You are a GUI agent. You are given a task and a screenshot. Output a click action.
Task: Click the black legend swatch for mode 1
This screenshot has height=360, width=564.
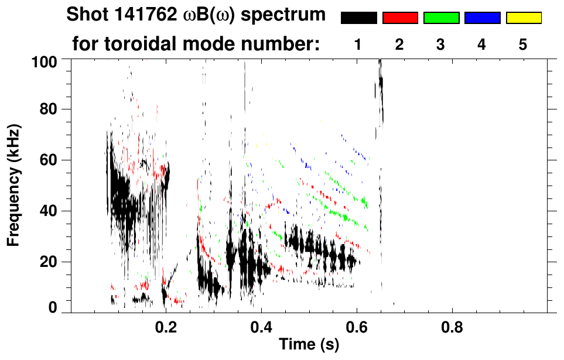coord(358,18)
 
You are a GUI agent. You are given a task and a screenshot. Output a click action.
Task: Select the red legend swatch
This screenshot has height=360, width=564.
coord(400,18)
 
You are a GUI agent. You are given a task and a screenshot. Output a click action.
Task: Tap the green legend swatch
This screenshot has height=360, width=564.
coord(441,18)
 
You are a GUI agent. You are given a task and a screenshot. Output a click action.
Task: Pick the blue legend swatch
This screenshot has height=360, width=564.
coord(482,18)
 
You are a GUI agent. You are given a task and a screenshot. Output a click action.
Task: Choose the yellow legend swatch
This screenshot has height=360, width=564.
coord(523,18)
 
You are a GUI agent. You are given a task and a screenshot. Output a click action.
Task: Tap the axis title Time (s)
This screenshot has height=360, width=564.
coord(309,344)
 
